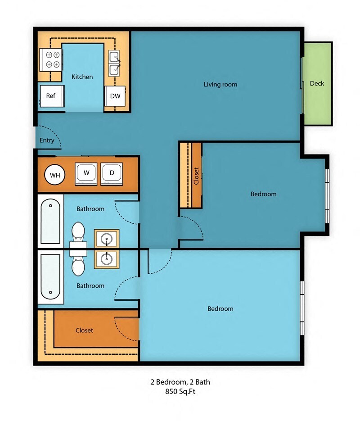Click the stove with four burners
coord(50,59)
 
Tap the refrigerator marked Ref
coord(52,96)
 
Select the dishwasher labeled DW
coord(115,96)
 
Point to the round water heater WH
coord(55,175)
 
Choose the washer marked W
coord(86,174)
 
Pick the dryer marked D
coord(112,174)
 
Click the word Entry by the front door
coord(47,140)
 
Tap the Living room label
coord(220,84)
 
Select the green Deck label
coord(317,83)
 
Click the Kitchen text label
coord(82,77)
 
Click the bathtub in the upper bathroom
coord(50,221)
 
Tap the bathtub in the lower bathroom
coord(50,277)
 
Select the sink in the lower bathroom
coord(107,259)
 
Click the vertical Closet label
coord(196,176)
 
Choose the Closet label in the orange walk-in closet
coord(84,330)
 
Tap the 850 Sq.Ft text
coord(180,391)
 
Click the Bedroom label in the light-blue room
coord(220,309)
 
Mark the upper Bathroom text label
coord(90,209)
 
